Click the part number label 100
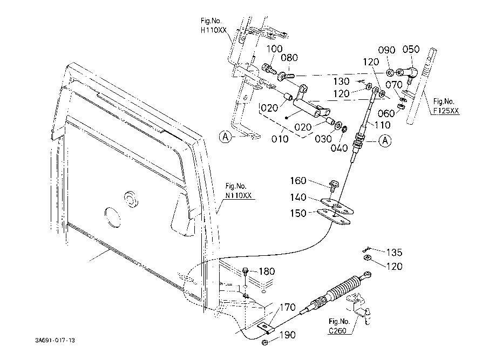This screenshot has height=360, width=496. (274, 49)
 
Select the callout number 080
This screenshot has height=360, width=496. (289, 58)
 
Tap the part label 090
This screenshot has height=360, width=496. (386, 50)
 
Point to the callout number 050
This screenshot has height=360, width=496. (411, 49)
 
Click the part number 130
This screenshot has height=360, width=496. (341, 81)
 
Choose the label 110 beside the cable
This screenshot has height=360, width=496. (383, 125)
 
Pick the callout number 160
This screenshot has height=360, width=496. (298, 181)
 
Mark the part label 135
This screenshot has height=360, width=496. (394, 253)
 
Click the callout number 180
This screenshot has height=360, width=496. (267, 271)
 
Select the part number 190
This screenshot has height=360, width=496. (288, 335)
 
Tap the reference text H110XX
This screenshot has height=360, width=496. (214, 30)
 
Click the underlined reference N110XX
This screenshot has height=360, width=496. (238, 195)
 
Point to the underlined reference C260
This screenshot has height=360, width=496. (337, 331)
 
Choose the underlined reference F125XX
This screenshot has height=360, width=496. (446, 111)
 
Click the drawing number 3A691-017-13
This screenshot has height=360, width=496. (55, 341)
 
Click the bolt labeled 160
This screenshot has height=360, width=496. (333, 185)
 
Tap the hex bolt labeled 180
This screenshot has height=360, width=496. (246, 271)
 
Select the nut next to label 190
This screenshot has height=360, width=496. (265, 342)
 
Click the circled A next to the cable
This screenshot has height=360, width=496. (385, 140)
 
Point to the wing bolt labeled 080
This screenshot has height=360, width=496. (286, 76)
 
